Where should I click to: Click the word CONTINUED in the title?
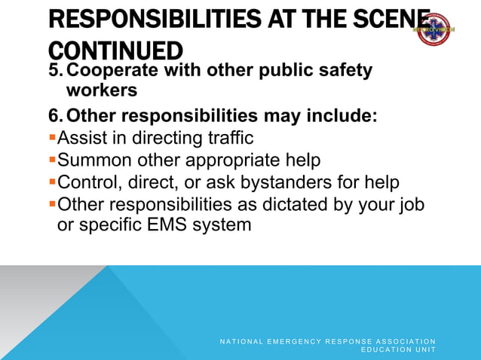pos(115,50)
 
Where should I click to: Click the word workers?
pos(102,90)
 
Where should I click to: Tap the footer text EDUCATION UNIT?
pos(398,350)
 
